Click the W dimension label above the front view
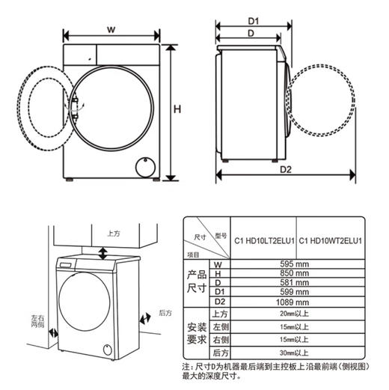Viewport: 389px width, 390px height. [111, 29]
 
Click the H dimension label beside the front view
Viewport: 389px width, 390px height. [177, 109]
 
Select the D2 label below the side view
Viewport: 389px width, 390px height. [285, 170]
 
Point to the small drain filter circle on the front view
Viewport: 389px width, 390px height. [143, 166]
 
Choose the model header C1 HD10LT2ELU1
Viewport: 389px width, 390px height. [263, 241]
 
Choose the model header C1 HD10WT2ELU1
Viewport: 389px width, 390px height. [330, 241]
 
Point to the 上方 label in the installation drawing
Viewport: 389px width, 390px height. [113, 234]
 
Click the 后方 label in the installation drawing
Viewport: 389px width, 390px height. [165, 312]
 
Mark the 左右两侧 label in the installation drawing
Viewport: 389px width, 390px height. [37, 323]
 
